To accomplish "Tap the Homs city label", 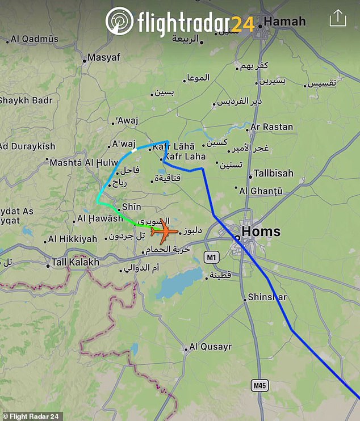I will coord(261,231).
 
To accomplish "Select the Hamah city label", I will coord(284,22).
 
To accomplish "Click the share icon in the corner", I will coord(338,18).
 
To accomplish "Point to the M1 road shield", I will coord(211,258).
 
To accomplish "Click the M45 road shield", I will coord(259,386).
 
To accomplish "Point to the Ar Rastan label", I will coord(271,127).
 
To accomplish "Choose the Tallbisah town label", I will coord(274,173).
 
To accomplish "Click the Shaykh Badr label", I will coord(26,100).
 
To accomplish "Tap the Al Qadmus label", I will coord(34,39).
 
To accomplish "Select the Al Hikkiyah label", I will coord(72,239).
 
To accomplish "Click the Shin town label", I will coord(131,207).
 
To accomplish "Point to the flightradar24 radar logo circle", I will coord(119,22).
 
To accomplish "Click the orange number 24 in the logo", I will coord(242,23).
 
